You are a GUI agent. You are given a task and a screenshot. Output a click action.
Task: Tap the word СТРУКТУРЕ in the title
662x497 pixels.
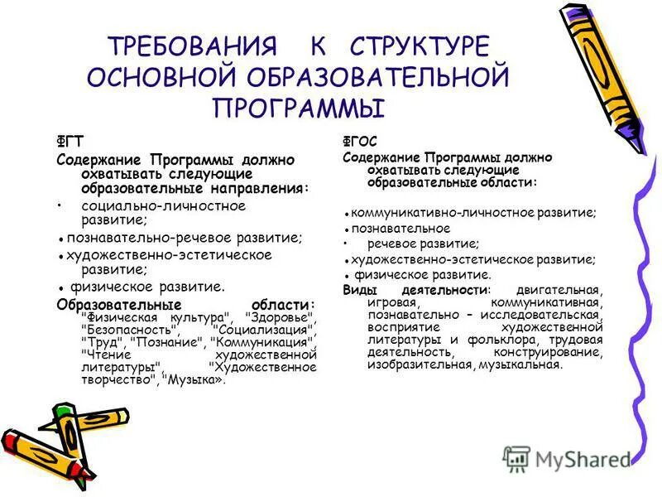point(420,46)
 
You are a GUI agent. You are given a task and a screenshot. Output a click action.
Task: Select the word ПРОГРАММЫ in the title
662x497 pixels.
point(300,108)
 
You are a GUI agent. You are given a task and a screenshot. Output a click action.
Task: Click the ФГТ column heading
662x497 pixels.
point(69,141)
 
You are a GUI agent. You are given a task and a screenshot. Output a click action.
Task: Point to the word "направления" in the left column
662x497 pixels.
point(255,187)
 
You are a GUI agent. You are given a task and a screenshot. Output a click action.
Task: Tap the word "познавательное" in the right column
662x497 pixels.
point(401,228)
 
